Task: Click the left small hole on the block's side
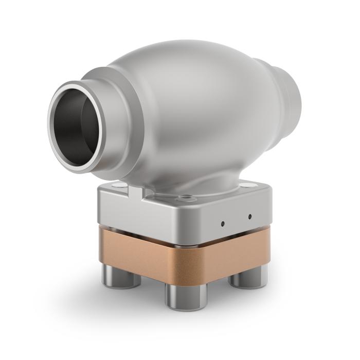(x=222, y=223)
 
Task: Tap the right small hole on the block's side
(x=250, y=216)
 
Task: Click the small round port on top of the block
(x=184, y=196)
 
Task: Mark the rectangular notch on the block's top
(x=134, y=191)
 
